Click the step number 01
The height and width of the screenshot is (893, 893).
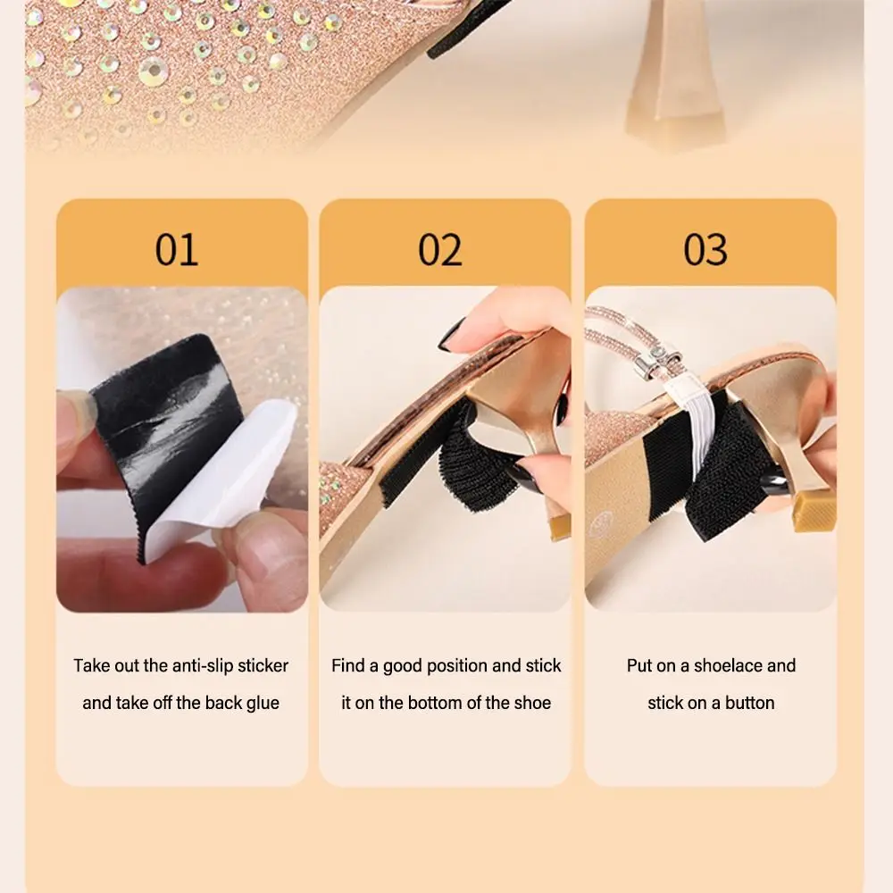[x=176, y=249]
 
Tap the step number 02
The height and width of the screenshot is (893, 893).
[x=440, y=249]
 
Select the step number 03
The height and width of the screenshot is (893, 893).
[x=705, y=249]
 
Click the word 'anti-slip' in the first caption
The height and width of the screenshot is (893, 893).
[x=200, y=666]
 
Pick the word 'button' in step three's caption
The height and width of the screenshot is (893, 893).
[x=749, y=703]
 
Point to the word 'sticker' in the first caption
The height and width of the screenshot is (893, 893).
[x=263, y=666]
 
